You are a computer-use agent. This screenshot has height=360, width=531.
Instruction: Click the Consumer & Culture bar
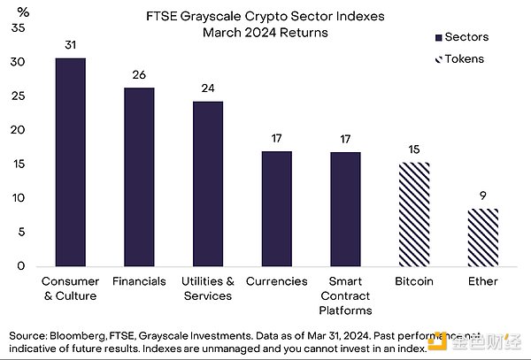[x=71, y=163]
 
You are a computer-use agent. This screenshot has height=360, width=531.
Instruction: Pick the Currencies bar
[x=276, y=209]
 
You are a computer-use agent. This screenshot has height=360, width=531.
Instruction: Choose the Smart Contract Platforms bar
[x=345, y=209]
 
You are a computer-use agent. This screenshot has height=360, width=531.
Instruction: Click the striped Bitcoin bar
[x=413, y=214]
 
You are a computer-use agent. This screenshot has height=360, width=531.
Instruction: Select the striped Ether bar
[x=482, y=237]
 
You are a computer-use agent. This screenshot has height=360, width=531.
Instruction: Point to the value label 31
[x=71, y=44]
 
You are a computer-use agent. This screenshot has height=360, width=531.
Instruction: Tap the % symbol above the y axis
[x=24, y=11]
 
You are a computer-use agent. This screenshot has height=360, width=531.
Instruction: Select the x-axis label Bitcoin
[x=413, y=281]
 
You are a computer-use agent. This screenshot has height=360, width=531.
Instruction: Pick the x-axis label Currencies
[x=276, y=281]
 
